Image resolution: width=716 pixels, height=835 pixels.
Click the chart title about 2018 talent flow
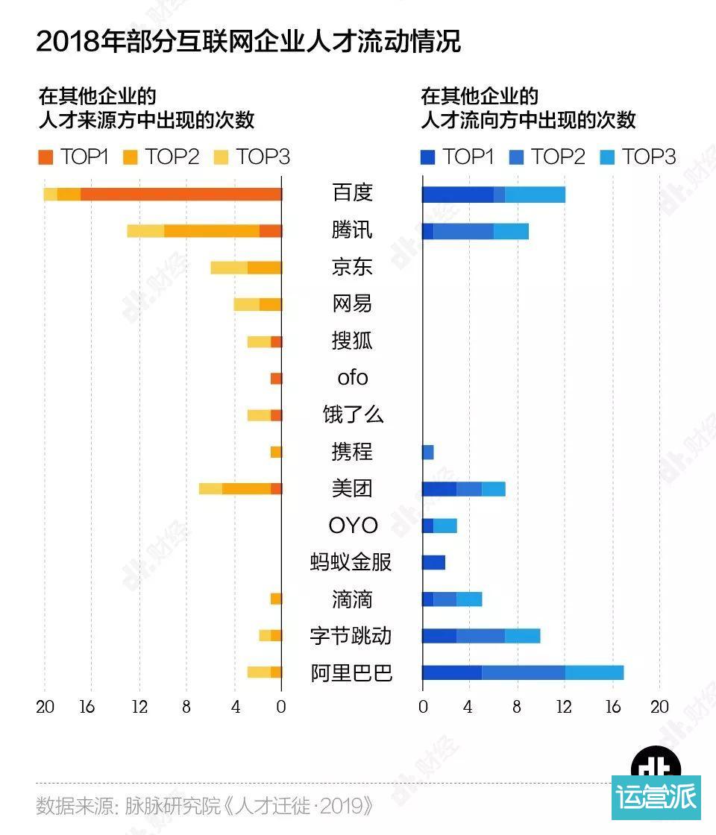[x=248, y=41]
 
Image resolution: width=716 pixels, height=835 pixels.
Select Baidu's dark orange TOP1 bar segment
[x=180, y=194]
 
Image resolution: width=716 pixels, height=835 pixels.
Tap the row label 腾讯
[x=352, y=230]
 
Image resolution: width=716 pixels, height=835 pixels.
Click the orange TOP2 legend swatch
[x=131, y=157]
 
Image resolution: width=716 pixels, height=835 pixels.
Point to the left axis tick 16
[x=87, y=707]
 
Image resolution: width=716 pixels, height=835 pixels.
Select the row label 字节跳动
[x=351, y=636]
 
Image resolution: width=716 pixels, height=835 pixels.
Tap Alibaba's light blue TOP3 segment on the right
[x=594, y=673]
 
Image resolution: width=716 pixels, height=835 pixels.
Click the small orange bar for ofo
[x=276, y=379]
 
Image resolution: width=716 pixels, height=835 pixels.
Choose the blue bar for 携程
[x=427, y=453]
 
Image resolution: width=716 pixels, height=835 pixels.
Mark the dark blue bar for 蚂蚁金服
[x=433, y=563]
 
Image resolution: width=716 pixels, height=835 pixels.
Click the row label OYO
[x=353, y=526]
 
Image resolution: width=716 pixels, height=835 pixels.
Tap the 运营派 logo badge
[x=656, y=795]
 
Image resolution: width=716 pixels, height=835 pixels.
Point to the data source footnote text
[x=204, y=806]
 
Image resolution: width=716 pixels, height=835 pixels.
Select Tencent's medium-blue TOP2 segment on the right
[x=463, y=231]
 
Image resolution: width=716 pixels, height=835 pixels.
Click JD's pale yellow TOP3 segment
[x=229, y=268]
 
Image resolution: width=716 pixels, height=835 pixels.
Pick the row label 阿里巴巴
[x=351, y=673]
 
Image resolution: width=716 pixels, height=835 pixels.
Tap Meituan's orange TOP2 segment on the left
[x=246, y=489]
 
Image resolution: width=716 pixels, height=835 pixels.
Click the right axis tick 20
[x=659, y=707]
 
